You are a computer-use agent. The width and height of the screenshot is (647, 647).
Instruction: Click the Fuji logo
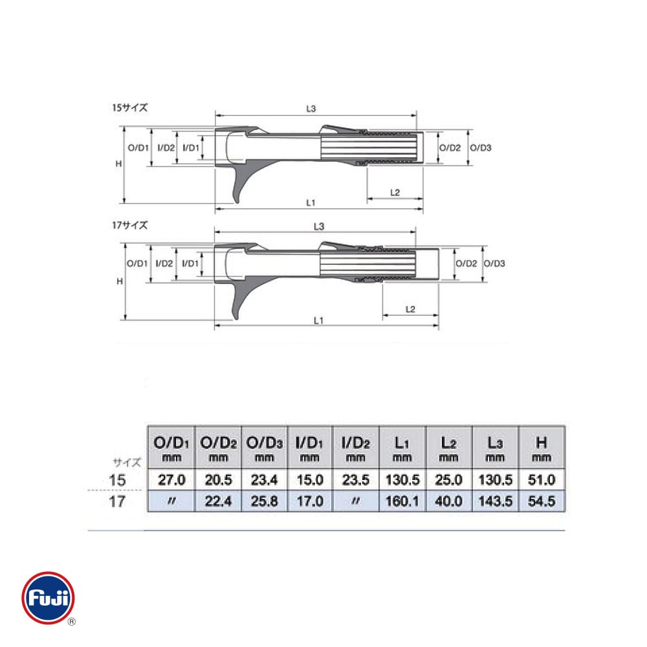[48, 598]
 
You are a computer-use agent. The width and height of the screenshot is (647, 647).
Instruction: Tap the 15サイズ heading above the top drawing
[129, 107]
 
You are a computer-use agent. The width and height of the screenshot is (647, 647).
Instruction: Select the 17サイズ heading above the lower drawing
[129, 225]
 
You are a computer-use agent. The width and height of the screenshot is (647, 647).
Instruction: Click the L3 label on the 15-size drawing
[311, 109]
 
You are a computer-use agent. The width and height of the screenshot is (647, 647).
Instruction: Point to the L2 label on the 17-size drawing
[410, 309]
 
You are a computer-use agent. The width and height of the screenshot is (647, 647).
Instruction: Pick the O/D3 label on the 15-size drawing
[481, 148]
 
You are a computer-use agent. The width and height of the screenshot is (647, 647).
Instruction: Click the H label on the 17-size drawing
[120, 281]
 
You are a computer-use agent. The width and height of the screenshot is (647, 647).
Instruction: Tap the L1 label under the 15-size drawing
[311, 203]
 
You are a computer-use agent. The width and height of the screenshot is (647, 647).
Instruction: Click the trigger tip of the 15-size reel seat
[236, 202]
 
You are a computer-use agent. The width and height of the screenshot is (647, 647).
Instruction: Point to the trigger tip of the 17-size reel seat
[236, 318]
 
